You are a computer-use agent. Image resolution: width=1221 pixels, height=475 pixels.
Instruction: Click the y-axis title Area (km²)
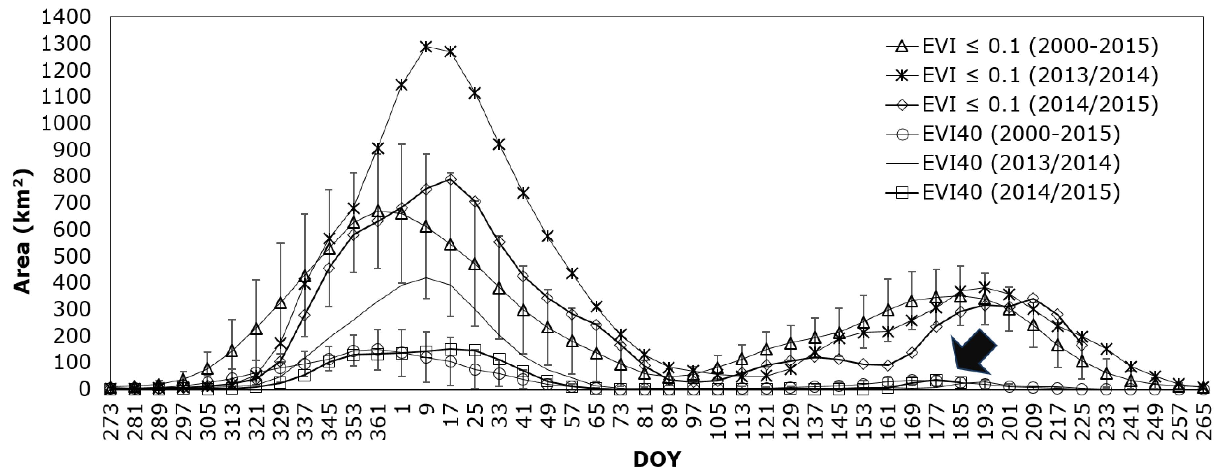pos(22,231)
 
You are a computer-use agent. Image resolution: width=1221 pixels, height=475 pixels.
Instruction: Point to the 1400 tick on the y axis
pos(65,17)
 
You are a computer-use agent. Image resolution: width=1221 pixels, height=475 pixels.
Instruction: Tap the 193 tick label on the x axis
pos(985,420)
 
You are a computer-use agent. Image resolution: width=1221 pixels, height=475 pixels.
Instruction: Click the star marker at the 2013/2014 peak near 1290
pos(426,47)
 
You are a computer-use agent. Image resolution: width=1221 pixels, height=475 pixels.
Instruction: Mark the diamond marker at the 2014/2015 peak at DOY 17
pos(450,179)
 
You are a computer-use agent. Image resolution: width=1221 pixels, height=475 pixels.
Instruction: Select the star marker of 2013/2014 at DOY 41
pos(523,193)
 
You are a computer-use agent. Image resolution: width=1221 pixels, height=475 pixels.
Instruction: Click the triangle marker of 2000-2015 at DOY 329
pos(280,303)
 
